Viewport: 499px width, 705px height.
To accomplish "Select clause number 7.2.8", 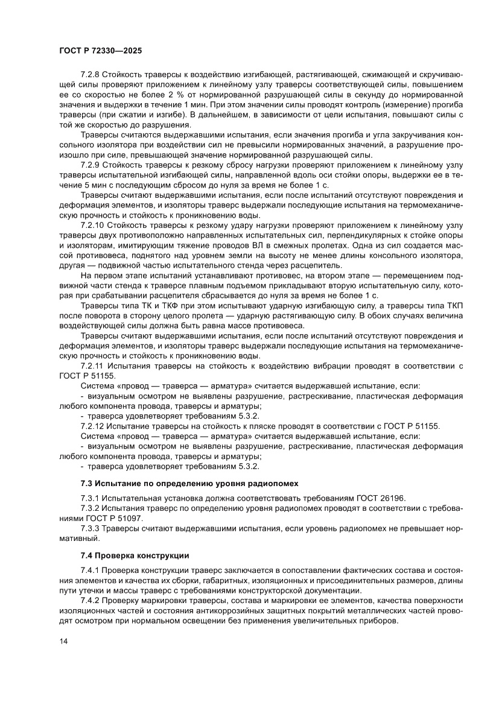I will (91, 74).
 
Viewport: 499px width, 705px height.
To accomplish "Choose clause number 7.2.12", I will (93, 426).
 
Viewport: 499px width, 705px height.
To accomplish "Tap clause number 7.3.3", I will (91, 528).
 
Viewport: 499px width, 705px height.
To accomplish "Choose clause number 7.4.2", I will (91, 601).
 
